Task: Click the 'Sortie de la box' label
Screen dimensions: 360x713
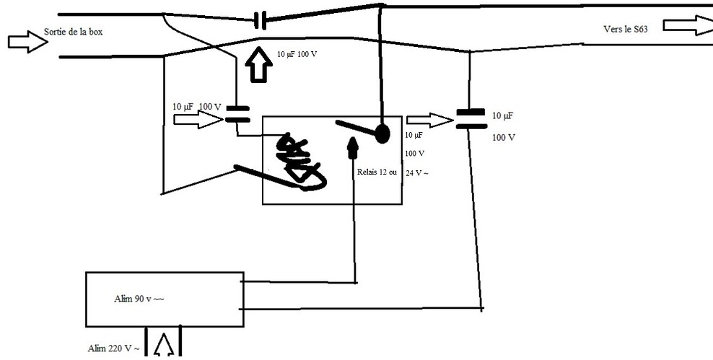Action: click(x=78, y=32)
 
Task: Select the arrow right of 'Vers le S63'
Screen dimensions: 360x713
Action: click(x=687, y=24)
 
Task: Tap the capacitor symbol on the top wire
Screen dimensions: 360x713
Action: click(x=261, y=21)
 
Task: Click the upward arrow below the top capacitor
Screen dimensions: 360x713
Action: click(x=258, y=66)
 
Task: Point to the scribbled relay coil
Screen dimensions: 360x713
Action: click(x=298, y=162)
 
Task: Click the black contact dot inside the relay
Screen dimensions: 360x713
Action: click(x=381, y=133)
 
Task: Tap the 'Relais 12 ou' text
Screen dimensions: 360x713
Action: click(x=377, y=173)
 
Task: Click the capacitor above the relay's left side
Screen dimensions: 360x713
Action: click(x=237, y=114)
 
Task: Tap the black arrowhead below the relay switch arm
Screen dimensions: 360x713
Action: click(x=353, y=148)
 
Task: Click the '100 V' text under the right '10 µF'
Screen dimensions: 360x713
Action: click(x=504, y=136)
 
